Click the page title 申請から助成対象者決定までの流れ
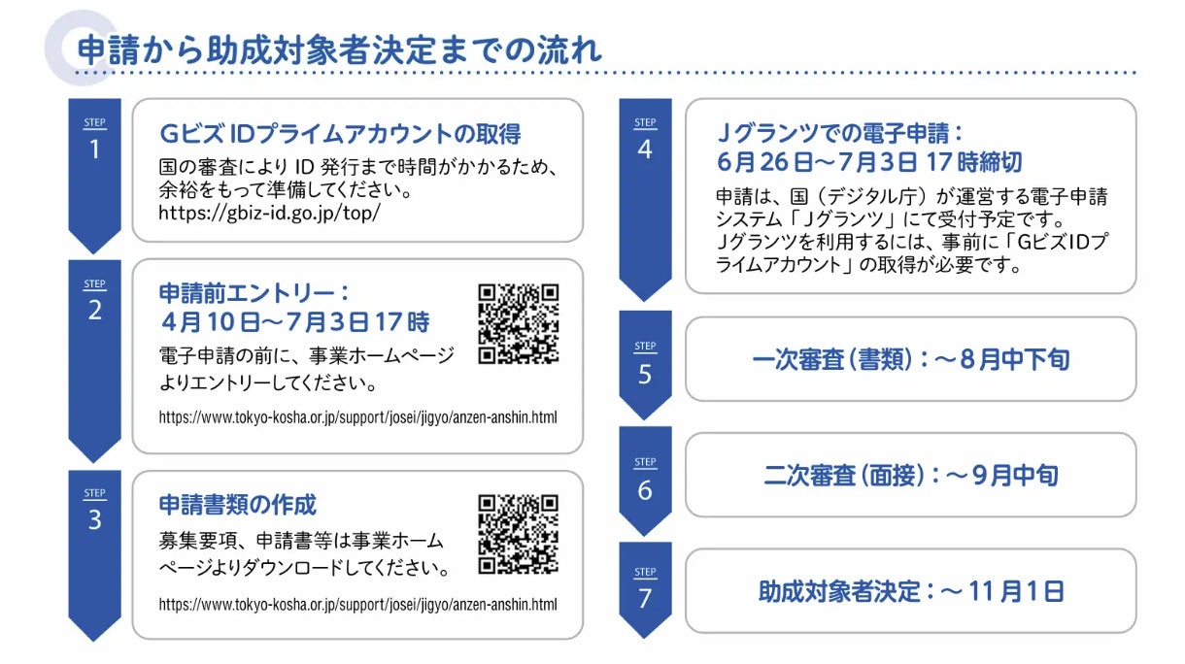click(339, 49)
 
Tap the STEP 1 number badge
click(94, 142)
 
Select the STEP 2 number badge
click(94, 303)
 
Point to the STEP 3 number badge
click(94, 512)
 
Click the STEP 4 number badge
click(645, 142)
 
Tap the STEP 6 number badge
click(645, 481)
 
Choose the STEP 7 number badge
click(645, 590)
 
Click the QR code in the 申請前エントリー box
click(519, 323)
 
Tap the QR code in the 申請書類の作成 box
click(519, 534)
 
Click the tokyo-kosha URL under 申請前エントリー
click(357, 417)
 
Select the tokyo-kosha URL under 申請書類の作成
click(357, 604)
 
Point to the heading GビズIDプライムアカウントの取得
click(340, 133)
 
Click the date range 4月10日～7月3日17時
click(294, 320)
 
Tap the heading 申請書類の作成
click(238, 505)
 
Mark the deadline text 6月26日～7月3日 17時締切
click(868, 160)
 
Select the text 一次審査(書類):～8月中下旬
click(910, 359)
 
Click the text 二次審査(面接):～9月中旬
click(910, 475)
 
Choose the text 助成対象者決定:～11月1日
click(910, 590)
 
